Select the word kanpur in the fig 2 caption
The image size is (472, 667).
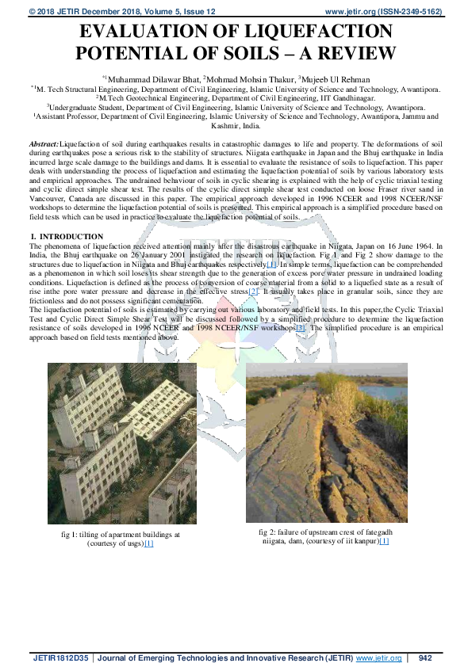[x=363, y=542]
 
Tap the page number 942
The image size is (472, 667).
[x=424, y=657]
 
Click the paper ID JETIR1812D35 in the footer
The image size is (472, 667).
[x=60, y=657]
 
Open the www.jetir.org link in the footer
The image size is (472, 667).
[x=378, y=657]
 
